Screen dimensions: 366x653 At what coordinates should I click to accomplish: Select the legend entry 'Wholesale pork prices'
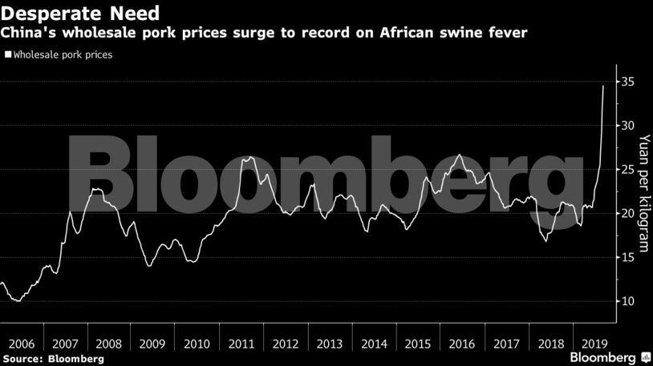click(61, 55)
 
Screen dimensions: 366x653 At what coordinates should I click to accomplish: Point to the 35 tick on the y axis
click(628, 82)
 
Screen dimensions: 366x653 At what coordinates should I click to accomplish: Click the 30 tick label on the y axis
click(628, 126)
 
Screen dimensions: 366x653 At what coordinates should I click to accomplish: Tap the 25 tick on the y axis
click(628, 170)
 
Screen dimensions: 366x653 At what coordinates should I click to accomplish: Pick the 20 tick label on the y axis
click(628, 213)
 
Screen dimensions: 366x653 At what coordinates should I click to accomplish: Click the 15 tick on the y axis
click(628, 257)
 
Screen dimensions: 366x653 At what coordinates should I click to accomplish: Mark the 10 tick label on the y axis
click(628, 301)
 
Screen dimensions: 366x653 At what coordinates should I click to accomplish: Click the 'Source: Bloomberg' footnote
click(53, 359)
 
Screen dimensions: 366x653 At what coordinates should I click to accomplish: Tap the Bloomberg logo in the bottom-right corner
click(604, 356)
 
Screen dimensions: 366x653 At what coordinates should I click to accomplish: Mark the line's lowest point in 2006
click(18, 301)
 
